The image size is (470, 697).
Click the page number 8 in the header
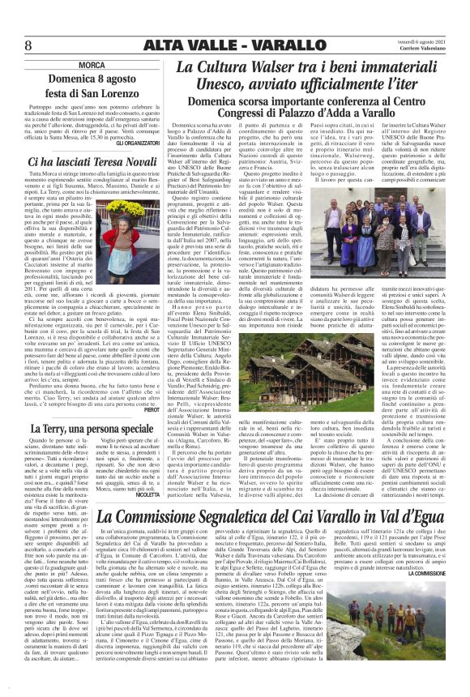click(x=28, y=45)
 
